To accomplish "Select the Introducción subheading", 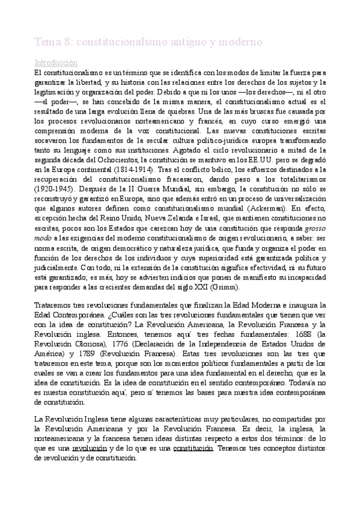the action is (x=55, y=62).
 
